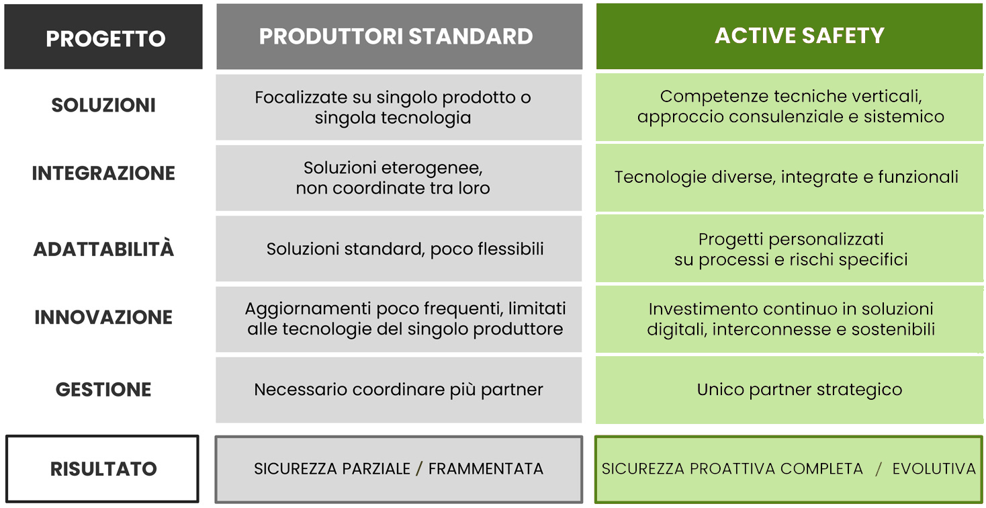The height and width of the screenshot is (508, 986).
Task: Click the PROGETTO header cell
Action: click(103, 36)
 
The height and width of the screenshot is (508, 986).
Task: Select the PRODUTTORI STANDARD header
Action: click(399, 36)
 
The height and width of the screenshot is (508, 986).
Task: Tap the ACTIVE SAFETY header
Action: click(790, 36)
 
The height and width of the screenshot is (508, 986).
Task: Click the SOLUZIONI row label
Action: click(103, 105)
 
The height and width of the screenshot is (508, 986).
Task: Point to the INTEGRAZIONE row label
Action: click(103, 173)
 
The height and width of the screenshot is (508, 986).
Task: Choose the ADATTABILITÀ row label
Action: click(103, 249)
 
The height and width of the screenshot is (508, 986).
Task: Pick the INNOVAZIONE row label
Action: click(103, 317)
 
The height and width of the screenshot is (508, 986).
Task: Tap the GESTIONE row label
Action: click(103, 390)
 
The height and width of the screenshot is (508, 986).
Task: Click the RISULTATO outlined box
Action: click(102, 469)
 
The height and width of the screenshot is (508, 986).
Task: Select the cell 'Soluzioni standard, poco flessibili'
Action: click(399, 249)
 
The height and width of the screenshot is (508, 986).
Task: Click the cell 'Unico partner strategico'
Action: click(790, 390)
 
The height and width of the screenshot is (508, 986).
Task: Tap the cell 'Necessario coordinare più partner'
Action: click(399, 390)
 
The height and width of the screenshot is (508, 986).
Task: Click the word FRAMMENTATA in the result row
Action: click(486, 469)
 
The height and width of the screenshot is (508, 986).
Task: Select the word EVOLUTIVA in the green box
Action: click(934, 469)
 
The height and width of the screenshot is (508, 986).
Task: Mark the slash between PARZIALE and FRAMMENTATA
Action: click(419, 469)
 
